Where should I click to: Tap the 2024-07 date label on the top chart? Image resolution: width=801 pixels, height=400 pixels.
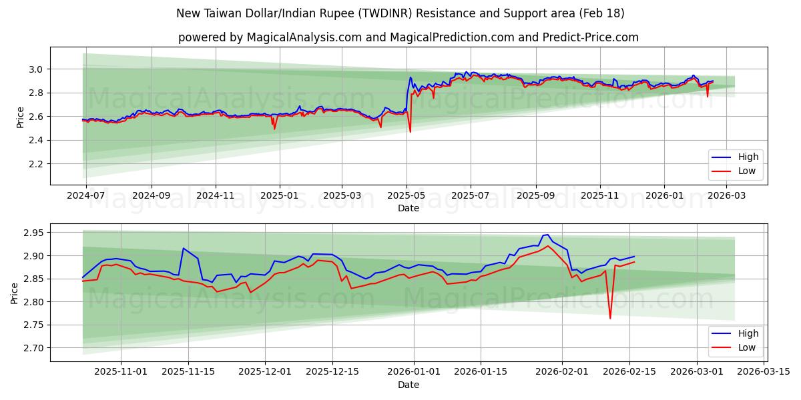pos(85,196)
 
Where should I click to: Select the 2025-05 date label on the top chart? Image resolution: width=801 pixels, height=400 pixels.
pos(406,196)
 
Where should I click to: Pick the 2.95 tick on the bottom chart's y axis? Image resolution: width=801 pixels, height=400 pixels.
pos(32,233)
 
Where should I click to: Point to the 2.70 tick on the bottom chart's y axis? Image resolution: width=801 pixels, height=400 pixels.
pos(32,348)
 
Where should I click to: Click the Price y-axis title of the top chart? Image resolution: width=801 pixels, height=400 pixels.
pos(20,117)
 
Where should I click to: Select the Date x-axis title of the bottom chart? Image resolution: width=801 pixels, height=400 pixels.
pos(409,385)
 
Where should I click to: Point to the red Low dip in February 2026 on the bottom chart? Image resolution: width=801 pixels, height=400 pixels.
pos(609,318)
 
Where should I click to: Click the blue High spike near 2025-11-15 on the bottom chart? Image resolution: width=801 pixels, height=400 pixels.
pos(183,249)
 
